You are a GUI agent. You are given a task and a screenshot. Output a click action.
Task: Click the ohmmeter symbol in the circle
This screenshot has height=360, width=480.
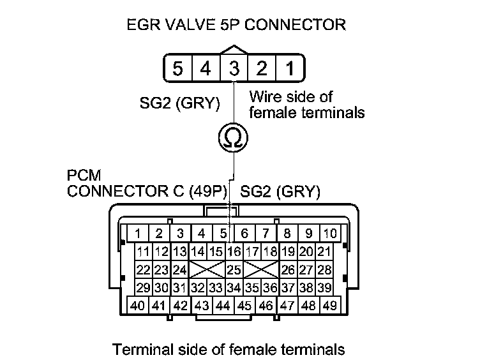(234, 137)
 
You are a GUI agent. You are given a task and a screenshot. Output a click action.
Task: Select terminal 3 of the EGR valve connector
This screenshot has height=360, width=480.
(234, 68)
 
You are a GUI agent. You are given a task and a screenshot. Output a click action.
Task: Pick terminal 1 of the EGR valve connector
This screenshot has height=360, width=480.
(289, 68)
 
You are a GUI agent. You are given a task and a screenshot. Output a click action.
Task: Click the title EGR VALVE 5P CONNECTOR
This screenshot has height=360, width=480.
(236, 26)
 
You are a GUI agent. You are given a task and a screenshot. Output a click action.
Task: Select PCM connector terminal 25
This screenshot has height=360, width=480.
(234, 270)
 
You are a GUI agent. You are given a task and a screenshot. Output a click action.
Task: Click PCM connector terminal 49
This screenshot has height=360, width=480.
(329, 306)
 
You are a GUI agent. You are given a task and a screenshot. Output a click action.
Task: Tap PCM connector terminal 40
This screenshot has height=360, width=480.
(138, 306)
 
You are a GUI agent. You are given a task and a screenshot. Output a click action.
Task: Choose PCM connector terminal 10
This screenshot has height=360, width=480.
(329, 234)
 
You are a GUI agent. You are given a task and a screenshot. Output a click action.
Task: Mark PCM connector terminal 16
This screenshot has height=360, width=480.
(234, 252)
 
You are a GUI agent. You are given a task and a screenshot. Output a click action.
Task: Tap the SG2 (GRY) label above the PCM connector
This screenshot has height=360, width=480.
(280, 191)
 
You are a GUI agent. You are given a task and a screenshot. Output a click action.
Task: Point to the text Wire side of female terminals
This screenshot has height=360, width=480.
(306, 105)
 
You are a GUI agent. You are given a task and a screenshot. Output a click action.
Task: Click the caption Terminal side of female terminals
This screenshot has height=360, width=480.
(229, 349)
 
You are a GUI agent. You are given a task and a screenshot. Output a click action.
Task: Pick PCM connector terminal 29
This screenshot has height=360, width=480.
(144, 288)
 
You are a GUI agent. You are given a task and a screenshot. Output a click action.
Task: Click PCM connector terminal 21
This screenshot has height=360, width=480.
(324, 252)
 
